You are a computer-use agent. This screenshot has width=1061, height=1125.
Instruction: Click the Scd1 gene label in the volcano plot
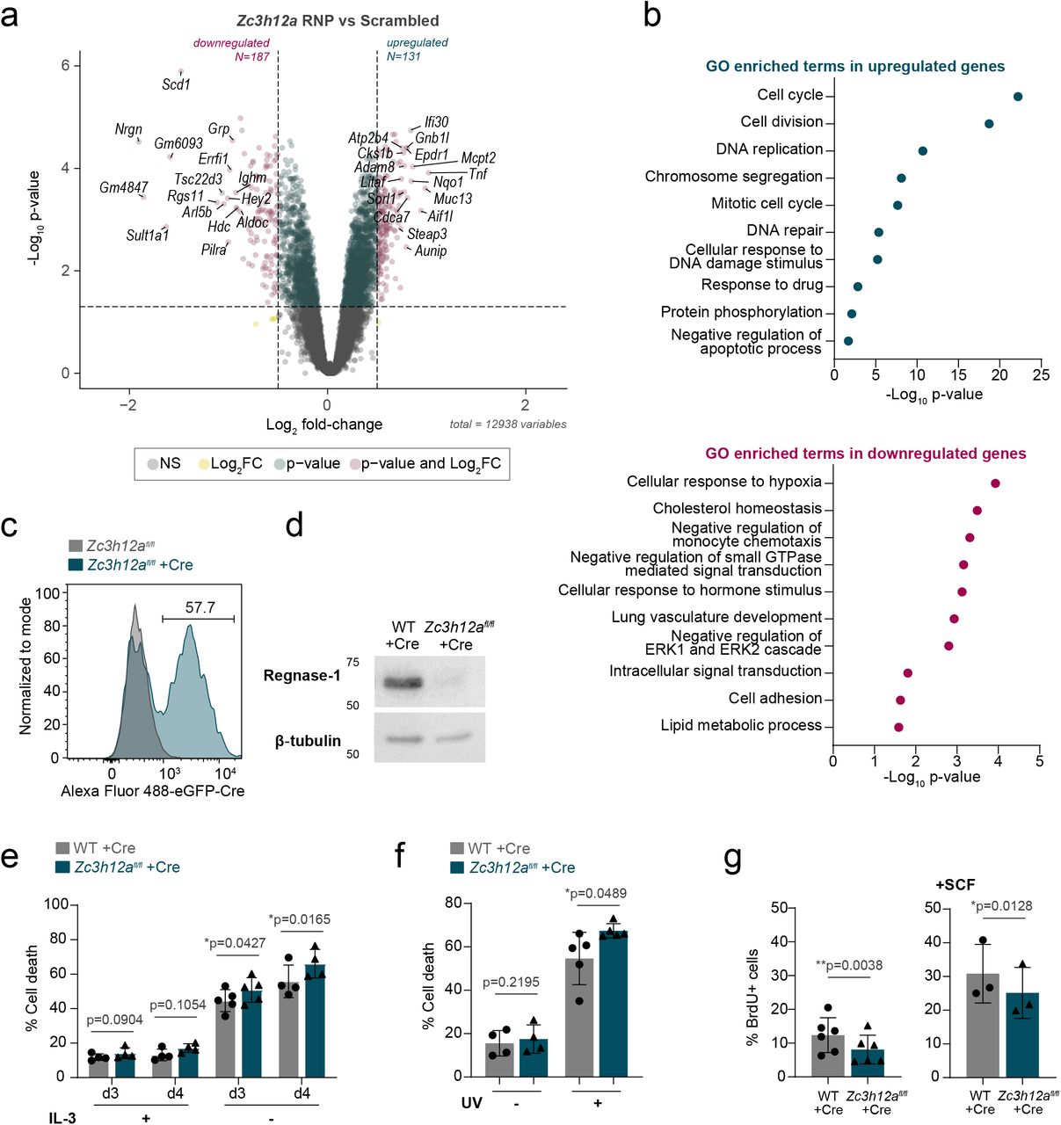tap(176, 84)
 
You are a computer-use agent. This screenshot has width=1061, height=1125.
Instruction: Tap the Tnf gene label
tap(477, 173)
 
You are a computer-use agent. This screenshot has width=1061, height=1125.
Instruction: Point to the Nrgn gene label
tap(128, 129)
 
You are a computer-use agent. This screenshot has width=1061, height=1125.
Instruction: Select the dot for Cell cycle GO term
tap(1017, 97)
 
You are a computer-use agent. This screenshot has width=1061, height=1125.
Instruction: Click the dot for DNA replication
tap(922, 151)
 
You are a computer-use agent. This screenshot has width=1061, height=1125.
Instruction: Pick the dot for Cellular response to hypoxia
tap(995, 483)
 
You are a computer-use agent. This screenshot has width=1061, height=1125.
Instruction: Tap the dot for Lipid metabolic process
tap(898, 727)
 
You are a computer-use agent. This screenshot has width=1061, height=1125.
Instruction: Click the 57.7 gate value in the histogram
tap(200, 607)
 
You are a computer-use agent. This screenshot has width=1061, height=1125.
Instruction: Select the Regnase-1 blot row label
tap(302, 675)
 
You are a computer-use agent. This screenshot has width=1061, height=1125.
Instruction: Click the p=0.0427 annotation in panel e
tap(235, 943)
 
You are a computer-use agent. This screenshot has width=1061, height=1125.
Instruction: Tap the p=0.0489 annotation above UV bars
tap(596, 894)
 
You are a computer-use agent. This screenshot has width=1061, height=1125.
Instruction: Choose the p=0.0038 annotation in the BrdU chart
tap(848, 965)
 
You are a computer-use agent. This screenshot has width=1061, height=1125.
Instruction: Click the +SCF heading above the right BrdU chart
tap(955, 884)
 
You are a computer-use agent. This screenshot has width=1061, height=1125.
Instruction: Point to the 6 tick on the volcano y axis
tap(65, 66)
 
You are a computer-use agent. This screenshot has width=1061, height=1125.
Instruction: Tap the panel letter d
tap(294, 526)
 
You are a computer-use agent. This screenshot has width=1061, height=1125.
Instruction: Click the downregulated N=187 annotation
tap(232, 49)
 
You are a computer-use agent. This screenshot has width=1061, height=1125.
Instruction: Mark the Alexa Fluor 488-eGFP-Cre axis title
tap(152, 791)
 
